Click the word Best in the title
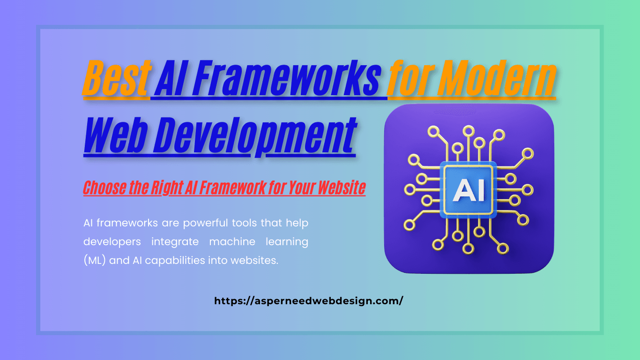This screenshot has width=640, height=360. click(117, 79)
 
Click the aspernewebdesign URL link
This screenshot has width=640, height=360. click(308, 301)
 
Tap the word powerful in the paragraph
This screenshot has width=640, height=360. click(204, 223)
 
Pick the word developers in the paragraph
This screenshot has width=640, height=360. click(112, 242)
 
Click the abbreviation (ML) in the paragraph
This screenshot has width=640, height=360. click(95, 261)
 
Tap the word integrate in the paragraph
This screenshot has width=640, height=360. click(175, 242)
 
